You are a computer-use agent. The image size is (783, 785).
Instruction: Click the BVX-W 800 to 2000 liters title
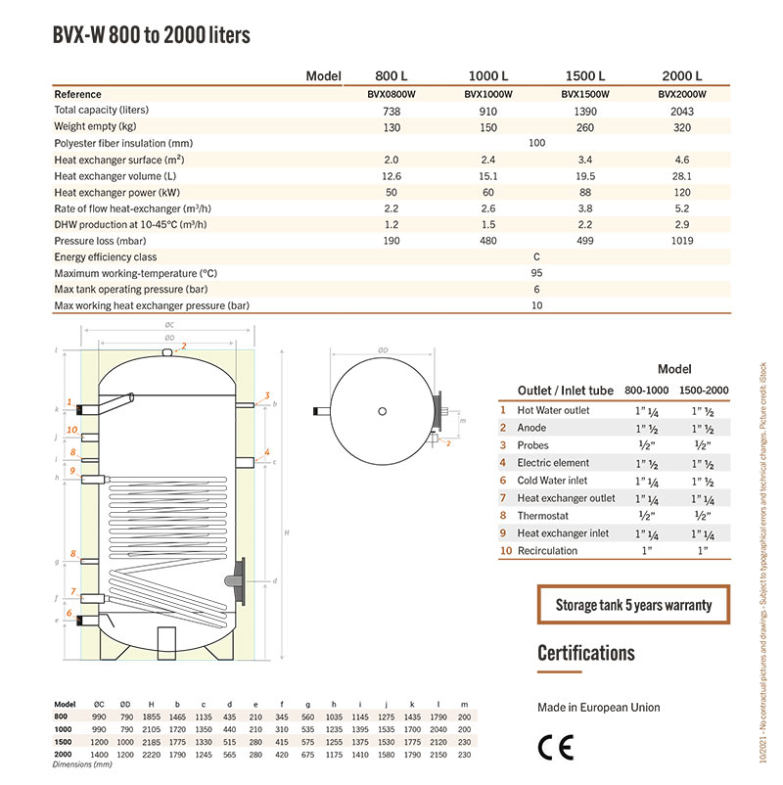(x=152, y=36)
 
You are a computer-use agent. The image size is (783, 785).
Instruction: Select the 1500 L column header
(x=585, y=76)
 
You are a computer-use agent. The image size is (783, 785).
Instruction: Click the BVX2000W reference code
(x=681, y=95)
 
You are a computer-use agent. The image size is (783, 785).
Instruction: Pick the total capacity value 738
(x=391, y=112)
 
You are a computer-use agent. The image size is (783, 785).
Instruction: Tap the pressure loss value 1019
(x=682, y=240)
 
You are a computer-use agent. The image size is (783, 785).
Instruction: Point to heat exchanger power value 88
(x=585, y=192)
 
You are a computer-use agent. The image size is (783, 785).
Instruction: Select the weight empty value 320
(x=682, y=127)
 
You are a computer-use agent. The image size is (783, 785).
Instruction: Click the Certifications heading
(x=586, y=653)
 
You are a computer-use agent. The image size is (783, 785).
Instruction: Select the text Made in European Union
(x=598, y=707)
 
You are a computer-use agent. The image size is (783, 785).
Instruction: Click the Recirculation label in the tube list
(x=547, y=551)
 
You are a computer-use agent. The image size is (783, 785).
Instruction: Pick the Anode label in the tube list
(x=531, y=428)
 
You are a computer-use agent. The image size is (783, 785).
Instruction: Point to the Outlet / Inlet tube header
(x=566, y=391)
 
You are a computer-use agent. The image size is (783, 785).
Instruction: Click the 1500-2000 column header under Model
(x=703, y=391)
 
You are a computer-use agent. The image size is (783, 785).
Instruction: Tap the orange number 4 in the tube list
(x=503, y=463)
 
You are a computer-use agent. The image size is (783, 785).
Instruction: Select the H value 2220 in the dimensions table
(x=150, y=756)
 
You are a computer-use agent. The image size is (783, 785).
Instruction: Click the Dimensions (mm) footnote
(x=83, y=764)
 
